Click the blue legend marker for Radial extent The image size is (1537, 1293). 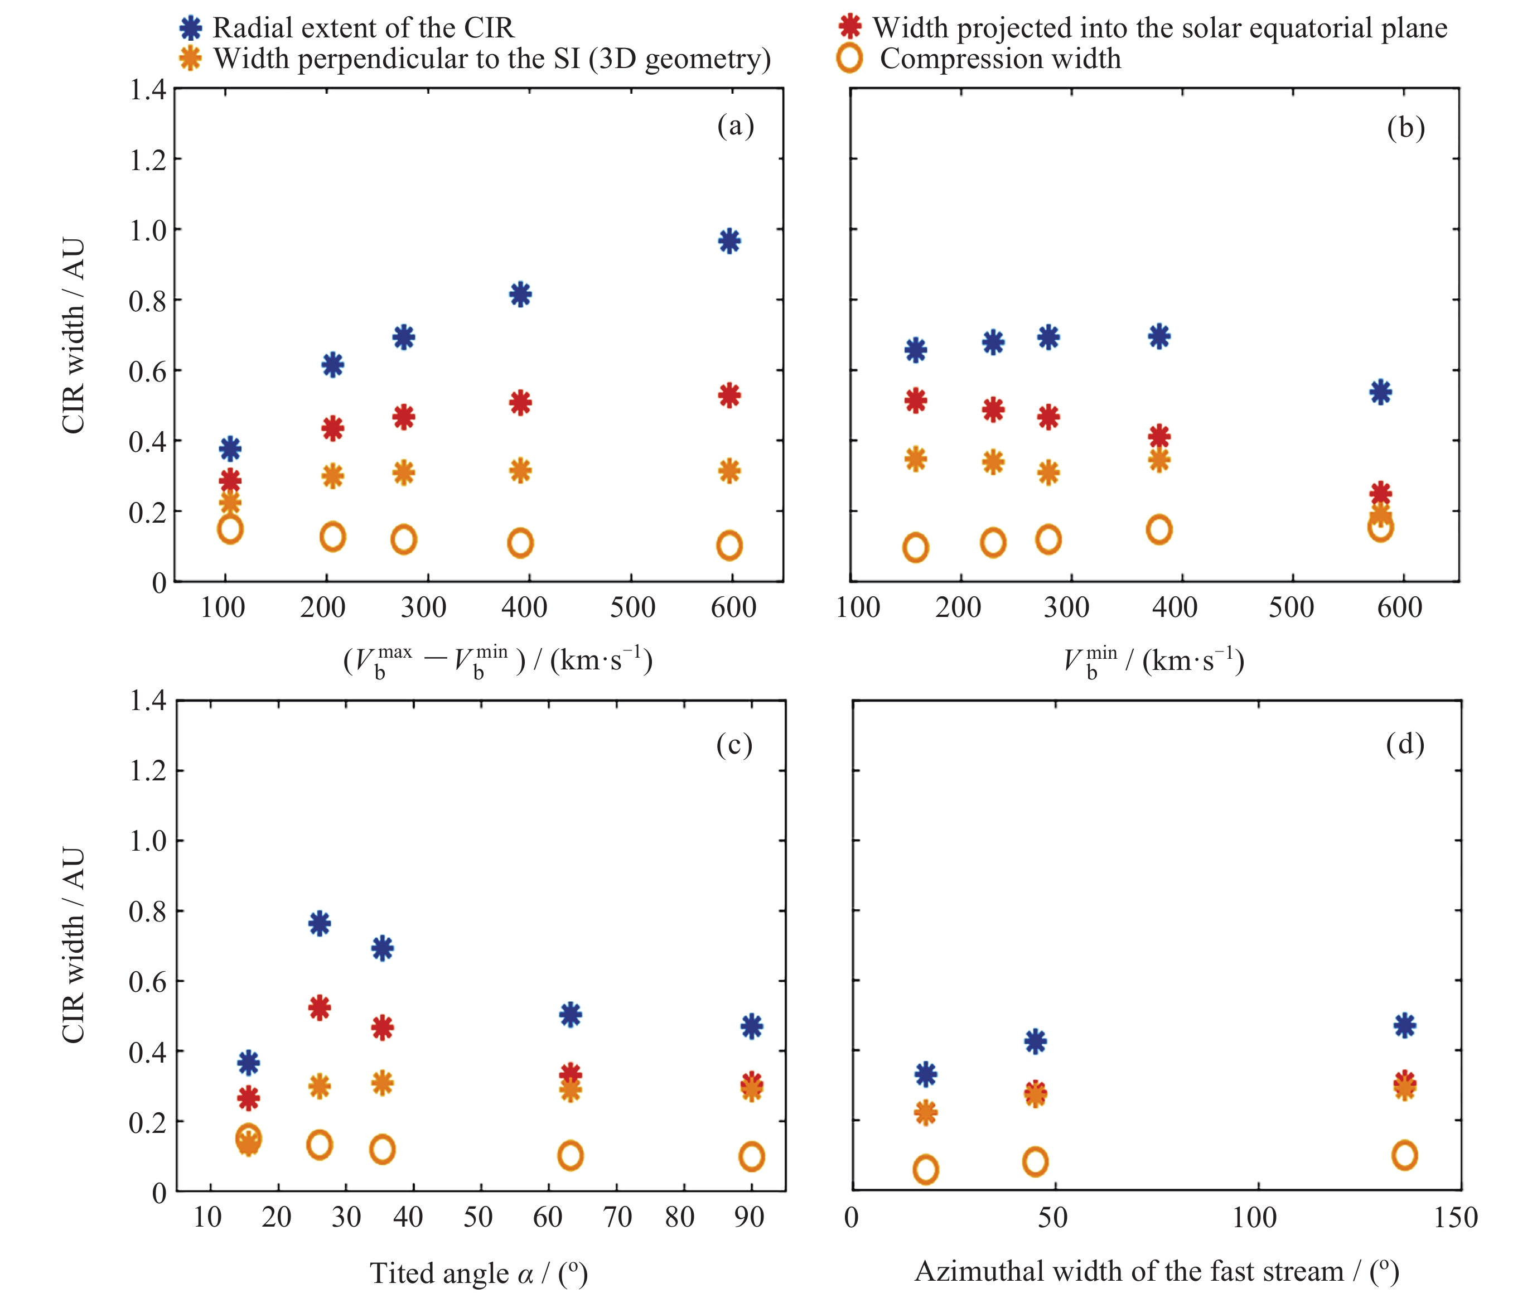point(191,28)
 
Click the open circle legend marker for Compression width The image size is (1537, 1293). point(849,59)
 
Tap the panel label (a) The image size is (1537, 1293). point(735,126)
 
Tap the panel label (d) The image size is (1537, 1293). point(1404,745)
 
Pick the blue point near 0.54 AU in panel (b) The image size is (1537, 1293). point(1380,392)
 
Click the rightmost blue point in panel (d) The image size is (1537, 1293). point(1404,1025)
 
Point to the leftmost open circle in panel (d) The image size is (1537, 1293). point(926,1169)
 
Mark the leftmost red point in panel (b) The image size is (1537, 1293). point(916,400)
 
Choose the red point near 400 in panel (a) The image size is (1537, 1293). point(520,402)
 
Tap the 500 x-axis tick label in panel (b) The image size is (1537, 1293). point(1290,607)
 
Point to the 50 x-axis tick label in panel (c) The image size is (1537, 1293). point(478,1218)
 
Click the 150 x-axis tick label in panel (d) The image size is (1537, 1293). point(1456,1218)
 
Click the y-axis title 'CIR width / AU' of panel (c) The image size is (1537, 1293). point(73,945)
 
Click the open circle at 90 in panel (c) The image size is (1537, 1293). point(751,1157)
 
